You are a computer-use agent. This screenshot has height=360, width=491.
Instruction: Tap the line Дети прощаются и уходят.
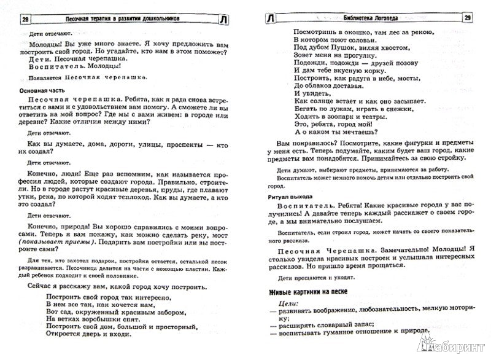coord(313,276)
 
